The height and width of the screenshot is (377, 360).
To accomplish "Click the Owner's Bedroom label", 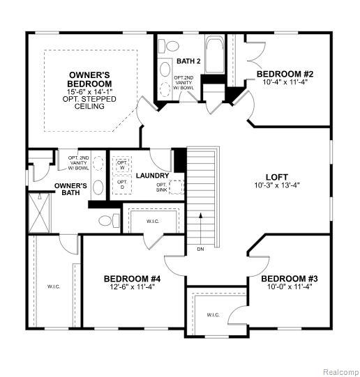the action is (x=89, y=79).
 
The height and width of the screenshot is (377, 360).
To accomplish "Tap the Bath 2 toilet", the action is (x=170, y=46).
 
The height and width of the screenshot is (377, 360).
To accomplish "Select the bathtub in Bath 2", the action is (x=215, y=54).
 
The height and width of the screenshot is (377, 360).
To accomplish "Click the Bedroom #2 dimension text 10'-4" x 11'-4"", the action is (x=285, y=82).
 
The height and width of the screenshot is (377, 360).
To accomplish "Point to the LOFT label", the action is (x=277, y=177).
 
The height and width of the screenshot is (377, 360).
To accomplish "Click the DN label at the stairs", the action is (x=200, y=249).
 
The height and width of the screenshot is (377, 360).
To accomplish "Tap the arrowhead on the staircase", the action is (x=200, y=215).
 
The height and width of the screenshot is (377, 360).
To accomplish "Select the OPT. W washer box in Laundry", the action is (x=122, y=164).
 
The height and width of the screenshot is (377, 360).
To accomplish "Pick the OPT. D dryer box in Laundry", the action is (x=122, y=184).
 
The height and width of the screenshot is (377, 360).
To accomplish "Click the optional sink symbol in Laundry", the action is (x=177, y=187).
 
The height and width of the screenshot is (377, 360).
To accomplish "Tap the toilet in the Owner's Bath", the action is (x=110, y=220).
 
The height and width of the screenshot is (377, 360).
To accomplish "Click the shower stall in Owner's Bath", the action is (x=40, y=213).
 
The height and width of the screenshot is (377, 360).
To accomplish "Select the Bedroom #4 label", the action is (x=132, y=279).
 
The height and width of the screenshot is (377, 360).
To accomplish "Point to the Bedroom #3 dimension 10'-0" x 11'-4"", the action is (x=290, y=286).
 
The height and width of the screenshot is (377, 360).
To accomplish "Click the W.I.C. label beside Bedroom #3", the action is (x=213, y=315).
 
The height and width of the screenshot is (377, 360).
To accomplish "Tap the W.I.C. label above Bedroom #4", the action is (x=153, y=221).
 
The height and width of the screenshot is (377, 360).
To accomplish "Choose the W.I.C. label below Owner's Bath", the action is (x=54, y=286).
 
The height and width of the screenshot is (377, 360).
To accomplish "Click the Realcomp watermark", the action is (x=340, y=372).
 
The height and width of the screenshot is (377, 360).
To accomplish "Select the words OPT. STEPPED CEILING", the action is (x=89, y=102).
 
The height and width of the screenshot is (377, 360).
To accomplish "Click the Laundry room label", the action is (x=153, y=176).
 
